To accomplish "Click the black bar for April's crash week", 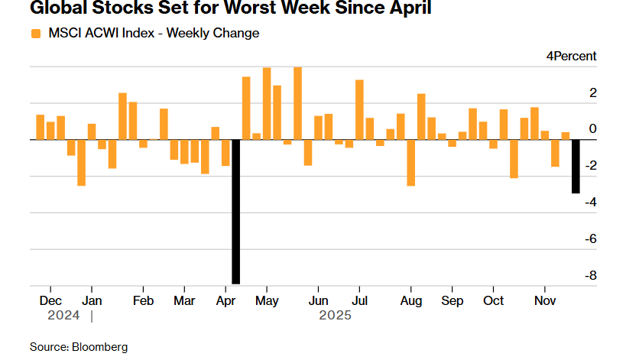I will [x=236, y=212].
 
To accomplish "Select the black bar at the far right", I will [x=576, y=167].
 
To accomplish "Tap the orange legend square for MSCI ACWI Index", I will [x=36, y=33].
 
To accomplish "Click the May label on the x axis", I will [x=266, y=300].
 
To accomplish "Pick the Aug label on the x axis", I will [x=410, y=300].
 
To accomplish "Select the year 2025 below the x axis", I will [x=334, y=314].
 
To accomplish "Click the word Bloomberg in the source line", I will [x=99, y=347].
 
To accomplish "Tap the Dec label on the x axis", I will [x=50, y=300].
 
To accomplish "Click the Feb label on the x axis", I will [x=143, y=300].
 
